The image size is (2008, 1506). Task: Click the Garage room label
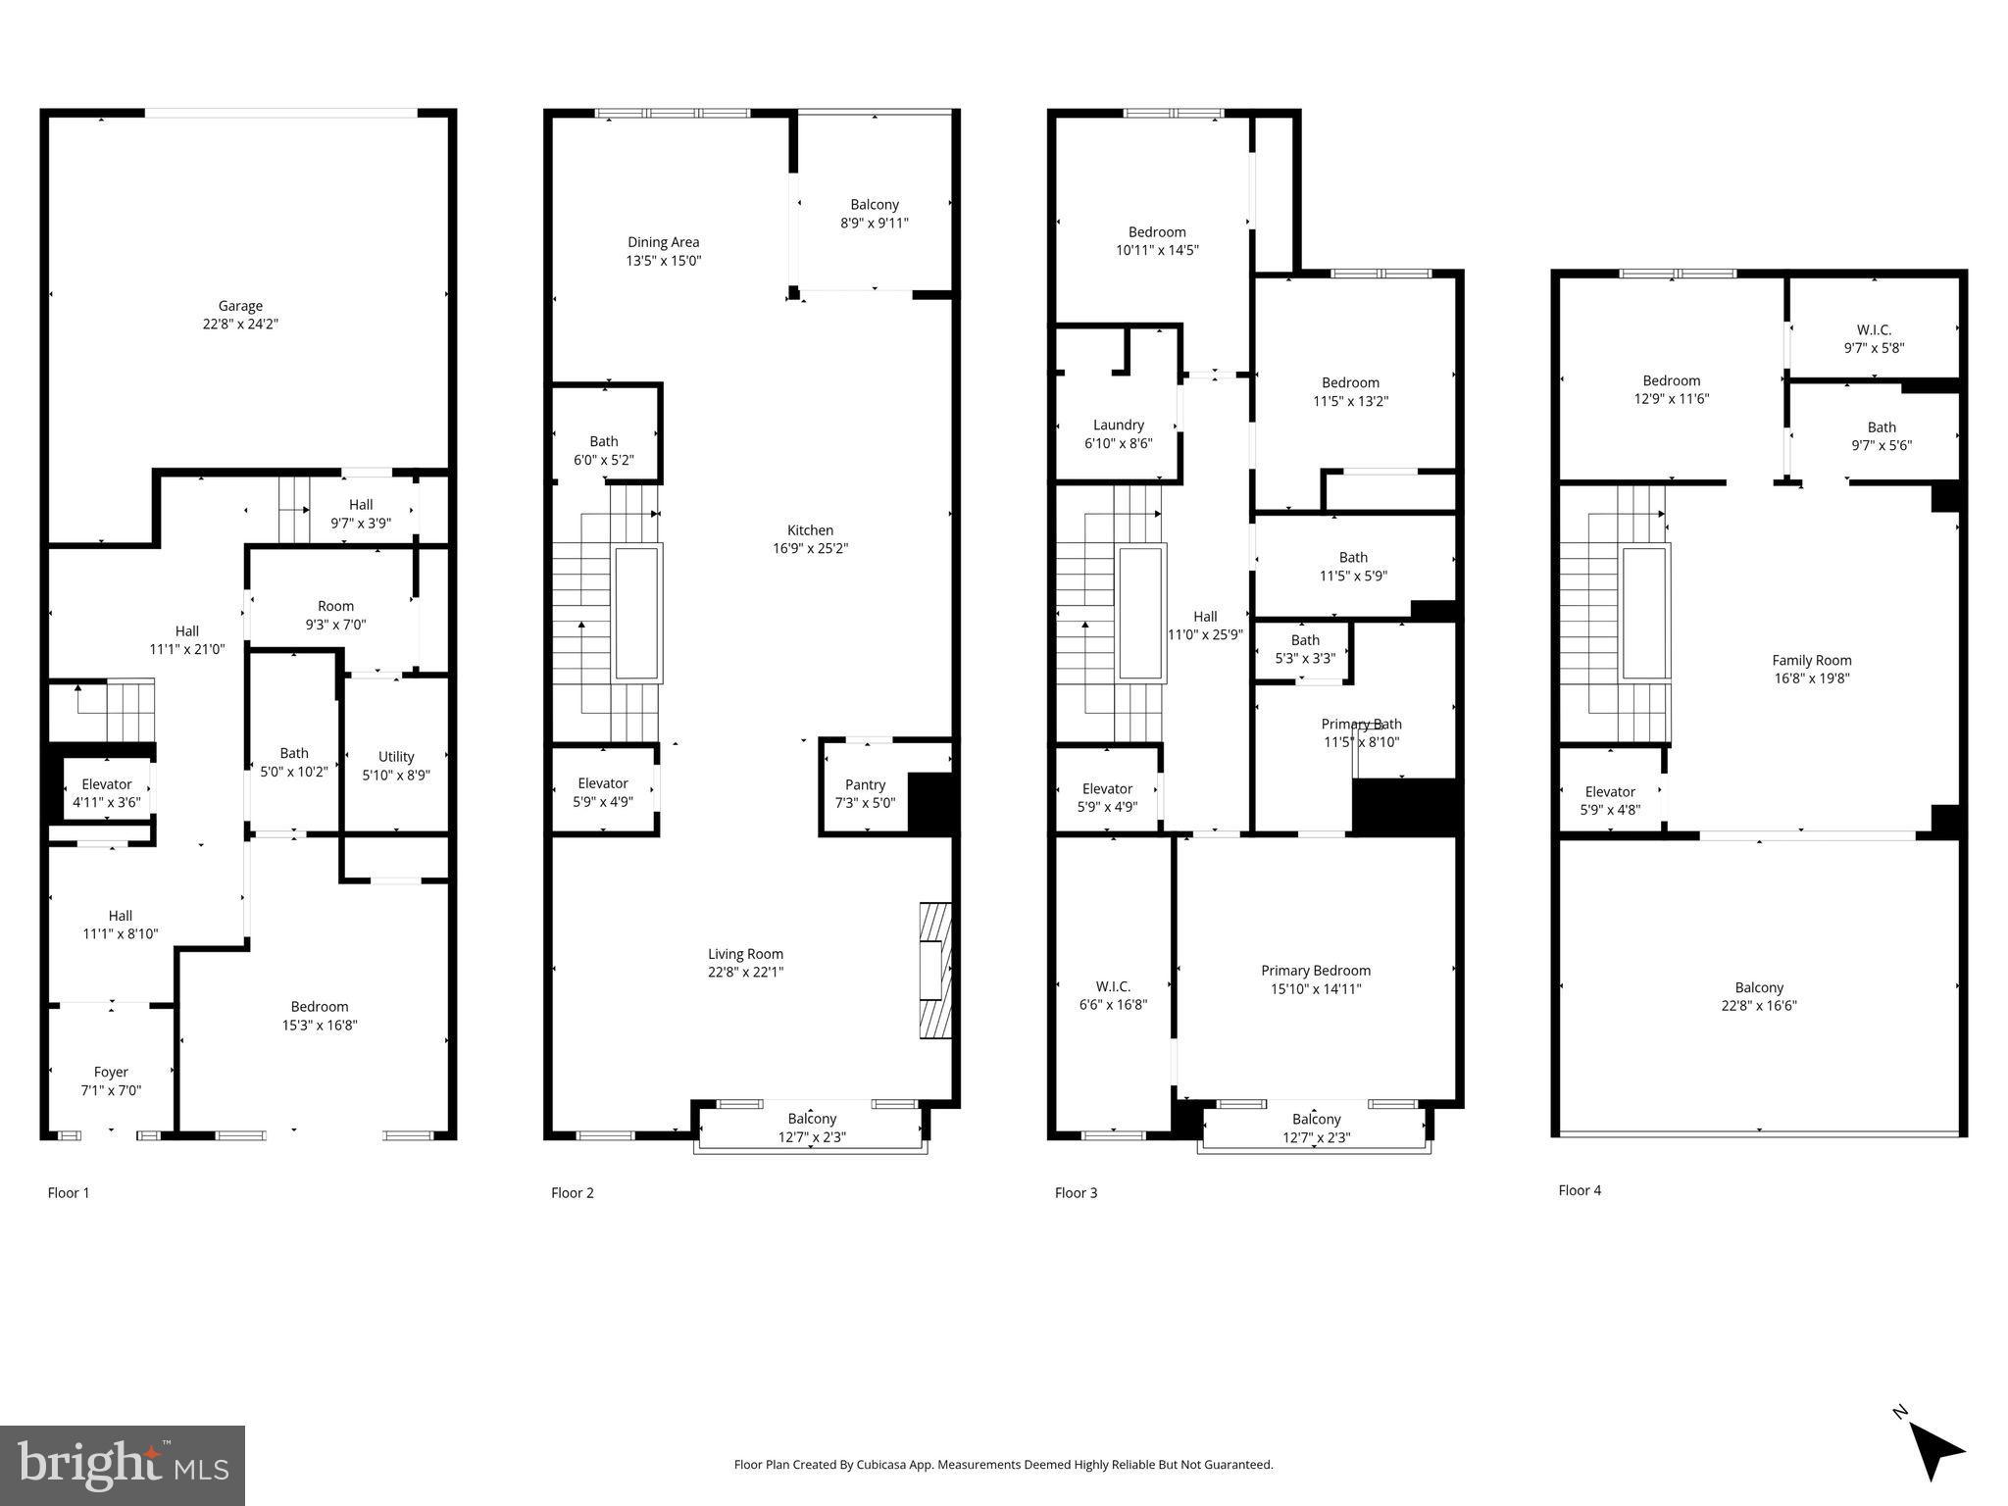point(240,315)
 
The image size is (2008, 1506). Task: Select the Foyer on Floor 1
point(111,1080)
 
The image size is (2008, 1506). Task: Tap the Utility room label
point(396,765)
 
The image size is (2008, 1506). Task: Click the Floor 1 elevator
point(107,792)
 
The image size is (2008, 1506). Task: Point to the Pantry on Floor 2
point(865,793)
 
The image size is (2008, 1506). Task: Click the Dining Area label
point(664,251)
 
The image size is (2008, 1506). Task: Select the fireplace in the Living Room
point(934,969)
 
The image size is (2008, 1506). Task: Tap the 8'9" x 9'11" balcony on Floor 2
point(874,214)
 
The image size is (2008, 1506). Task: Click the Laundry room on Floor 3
point(1118,433)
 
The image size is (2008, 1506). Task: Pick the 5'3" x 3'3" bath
point(1305,649)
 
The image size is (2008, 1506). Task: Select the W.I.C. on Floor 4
point(1874,338)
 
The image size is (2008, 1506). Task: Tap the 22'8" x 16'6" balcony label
point(1759,996)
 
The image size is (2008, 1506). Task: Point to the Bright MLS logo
point(123,1466)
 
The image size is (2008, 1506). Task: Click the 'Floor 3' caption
point(1076,1193)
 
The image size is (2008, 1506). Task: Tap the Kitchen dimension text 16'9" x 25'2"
point(810,549)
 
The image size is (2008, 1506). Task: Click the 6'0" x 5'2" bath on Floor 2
point(604,450)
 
